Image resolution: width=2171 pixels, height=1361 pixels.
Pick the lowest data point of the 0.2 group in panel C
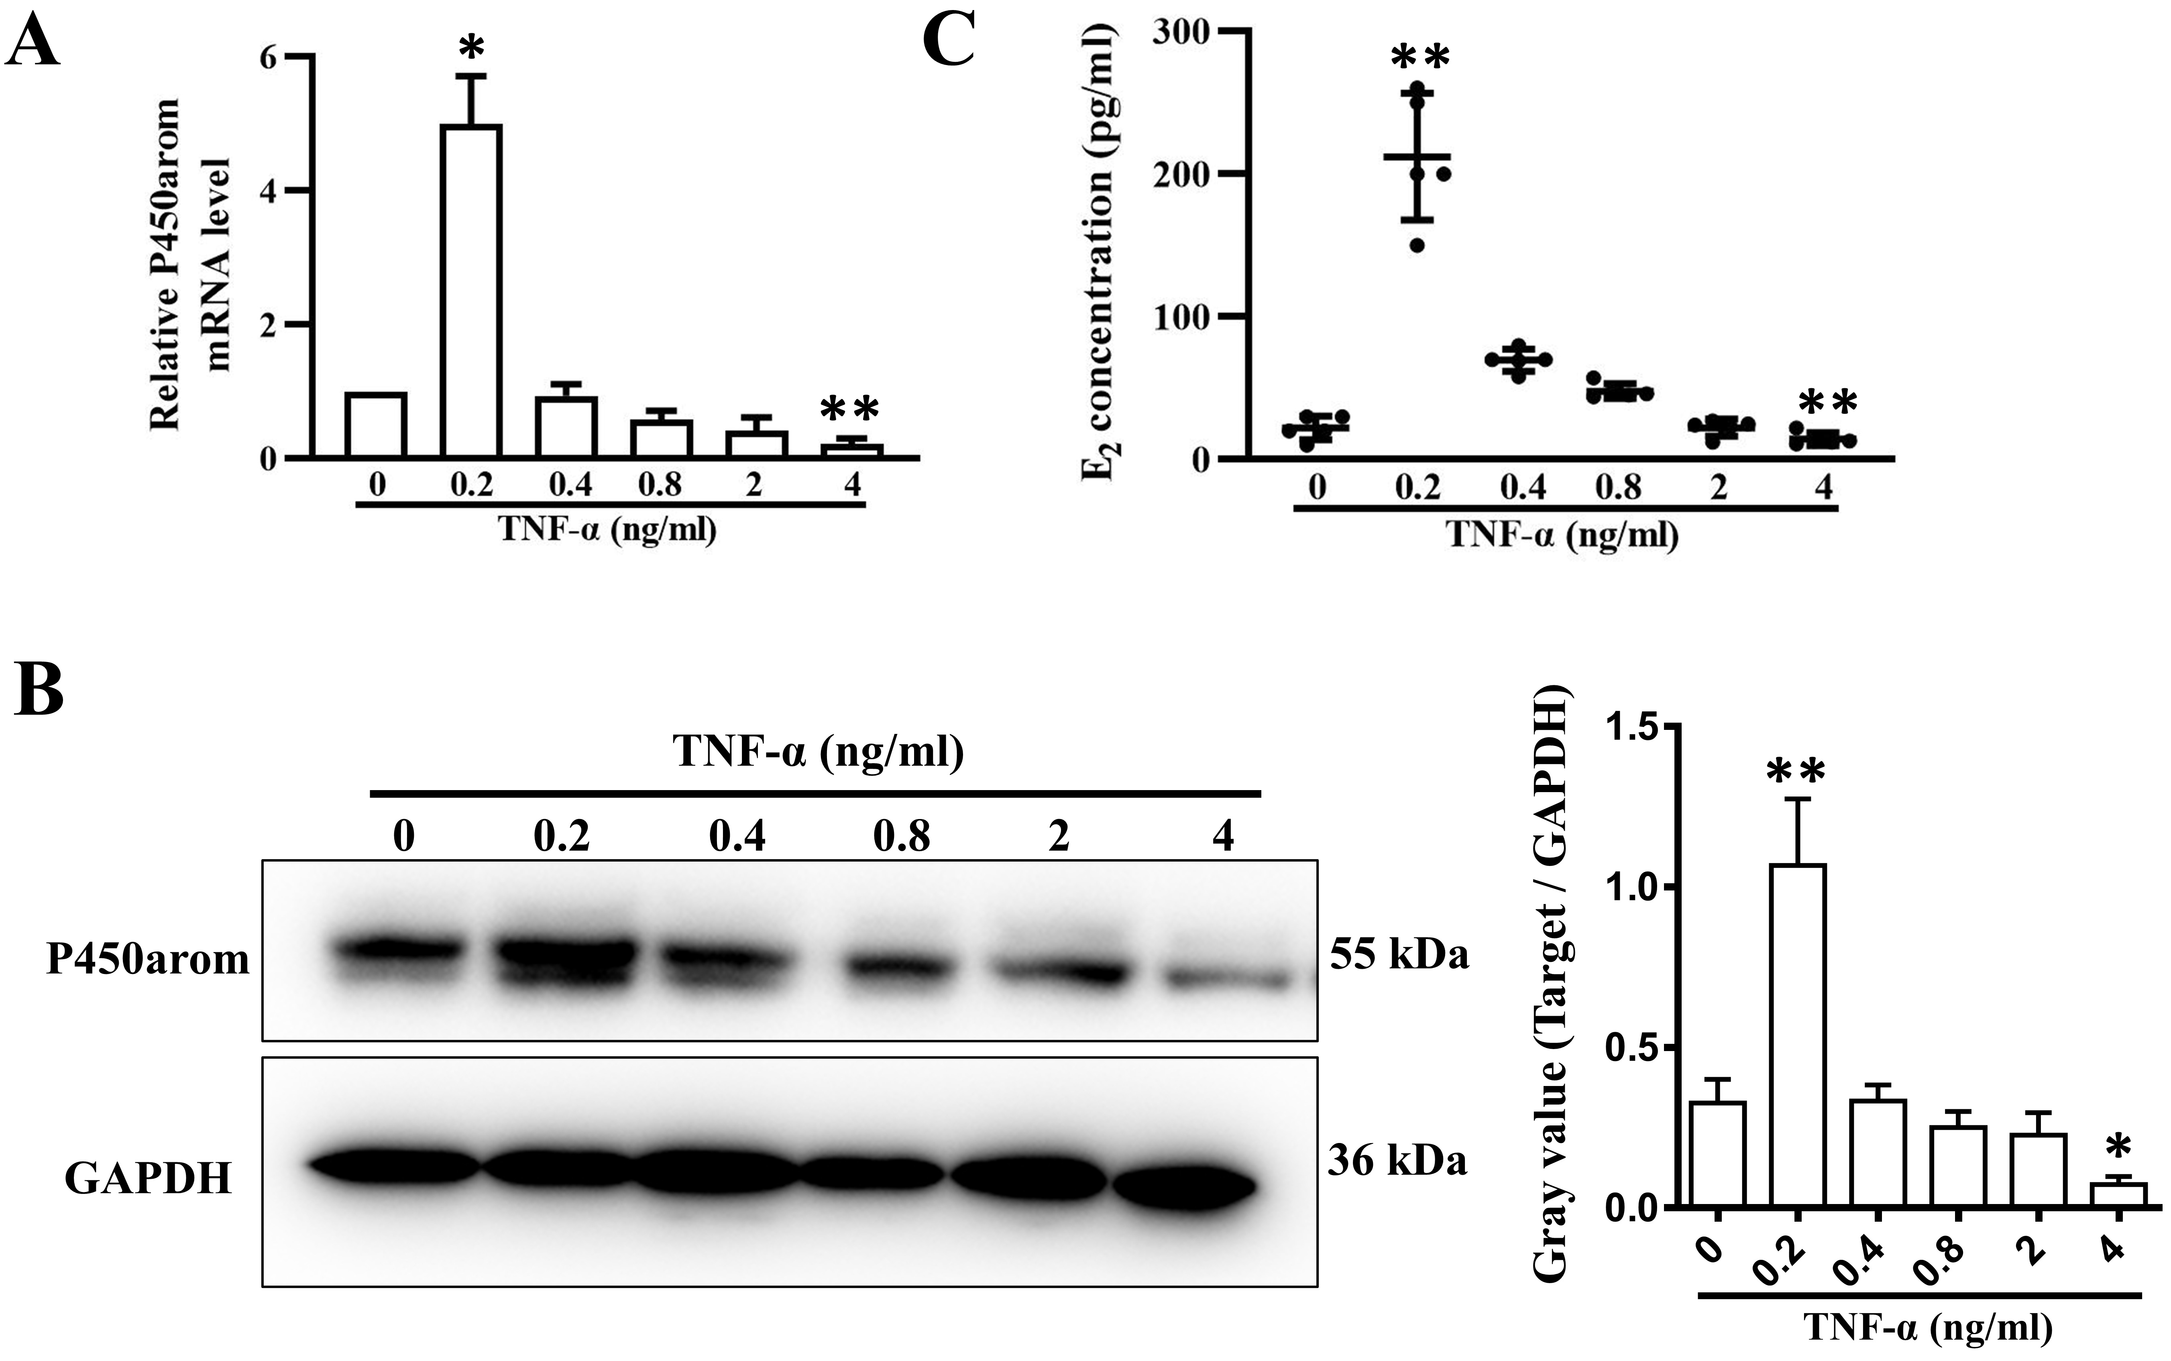pyautogui.click(x=1417, y=245)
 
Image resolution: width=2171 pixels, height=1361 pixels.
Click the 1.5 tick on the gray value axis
pyautogui.click(x=1638, y=725)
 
